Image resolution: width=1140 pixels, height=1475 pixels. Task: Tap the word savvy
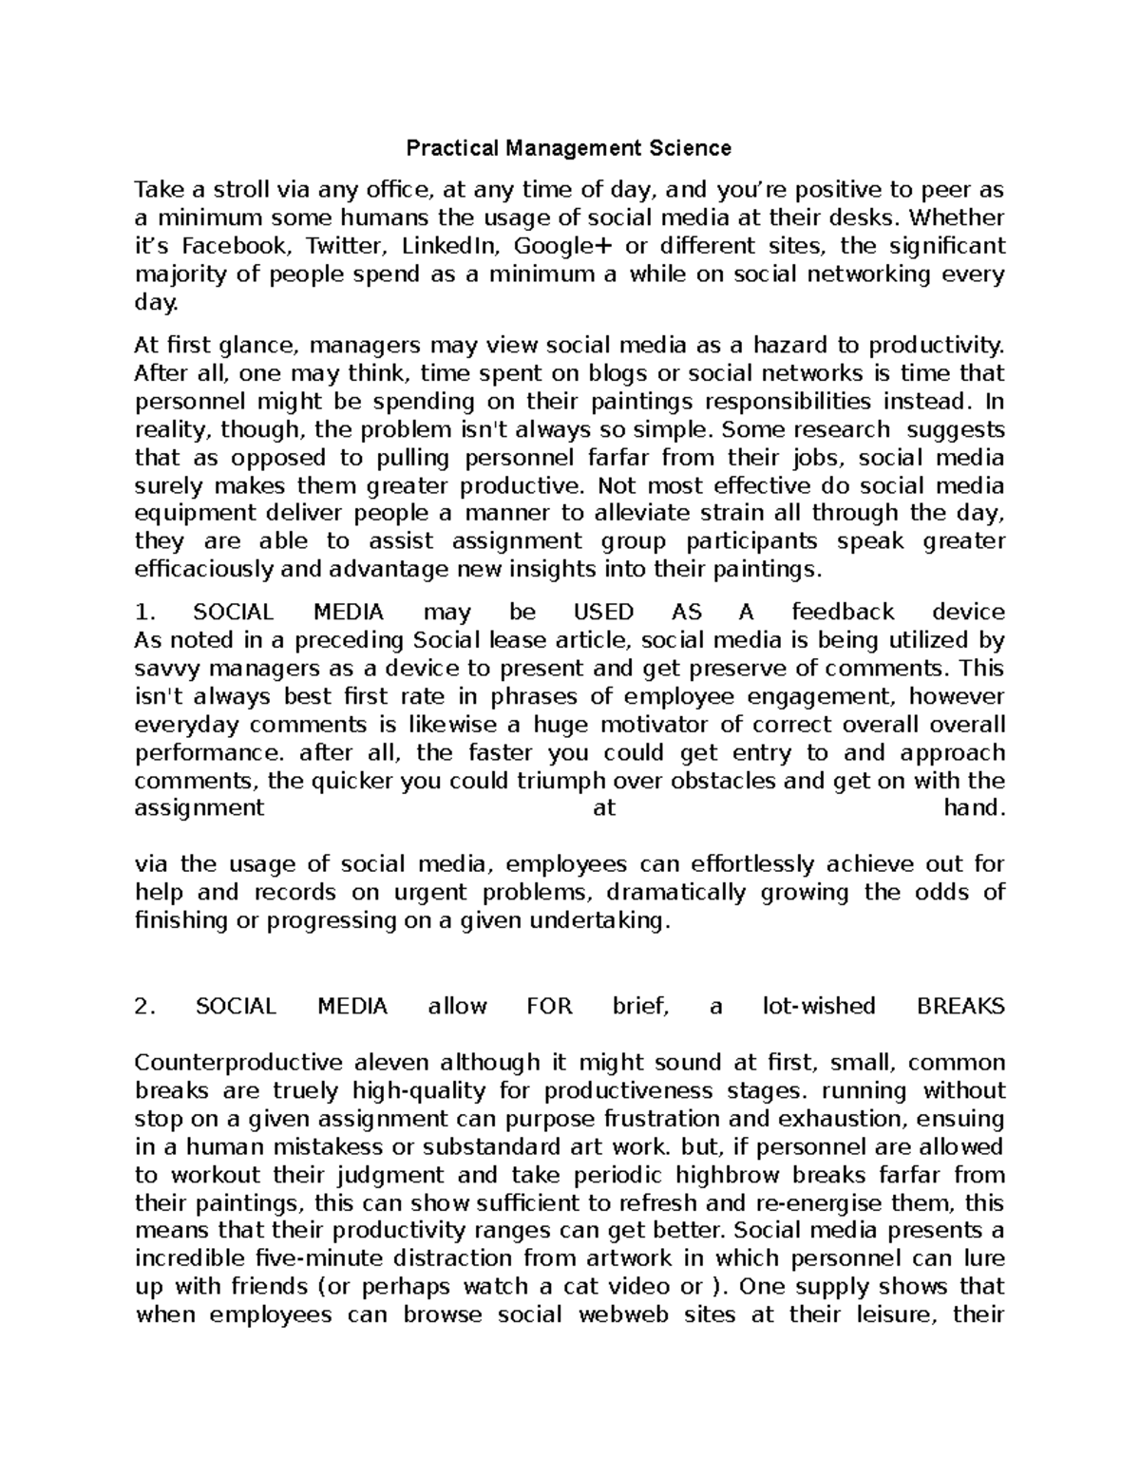(164, 669)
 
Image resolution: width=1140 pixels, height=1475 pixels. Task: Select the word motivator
(670, 725)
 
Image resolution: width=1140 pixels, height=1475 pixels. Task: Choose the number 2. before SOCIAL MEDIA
(144, 1007)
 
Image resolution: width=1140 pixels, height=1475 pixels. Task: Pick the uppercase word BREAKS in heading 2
(959, 1007)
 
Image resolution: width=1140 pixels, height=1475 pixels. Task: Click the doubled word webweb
(620, 1315)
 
